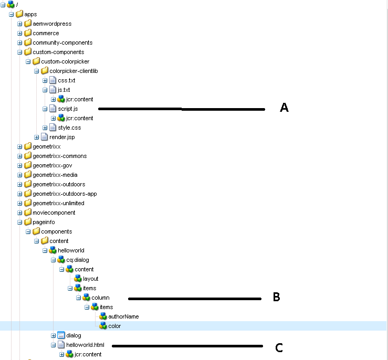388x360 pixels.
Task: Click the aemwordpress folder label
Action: coord(52,24)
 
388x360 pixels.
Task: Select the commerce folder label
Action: coord(46,33)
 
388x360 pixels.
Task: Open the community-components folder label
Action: coord(62,43)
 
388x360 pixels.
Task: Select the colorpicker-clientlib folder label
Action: coord(74,71)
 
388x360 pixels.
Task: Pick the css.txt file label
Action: coord(67,80)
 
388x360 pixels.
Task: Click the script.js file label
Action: coord(68,109)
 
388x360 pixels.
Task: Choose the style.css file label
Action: coord(69,128)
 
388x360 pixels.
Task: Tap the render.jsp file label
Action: coord(62,137)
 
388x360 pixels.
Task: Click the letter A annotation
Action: coord(284,108)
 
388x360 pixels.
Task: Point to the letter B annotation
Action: coord(276,297)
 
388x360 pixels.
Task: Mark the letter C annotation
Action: coord(279,347)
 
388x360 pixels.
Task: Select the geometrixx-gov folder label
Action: coord(53,165)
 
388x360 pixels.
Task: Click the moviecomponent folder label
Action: coord(54,213)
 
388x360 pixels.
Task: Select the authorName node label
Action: coord(123,316)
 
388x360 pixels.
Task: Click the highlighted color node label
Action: coord(114,326)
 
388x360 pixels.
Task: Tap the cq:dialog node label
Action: coord(78,260)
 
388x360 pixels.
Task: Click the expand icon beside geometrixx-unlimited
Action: coord(20,203)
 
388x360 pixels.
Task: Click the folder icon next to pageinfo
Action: coord(28,222)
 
